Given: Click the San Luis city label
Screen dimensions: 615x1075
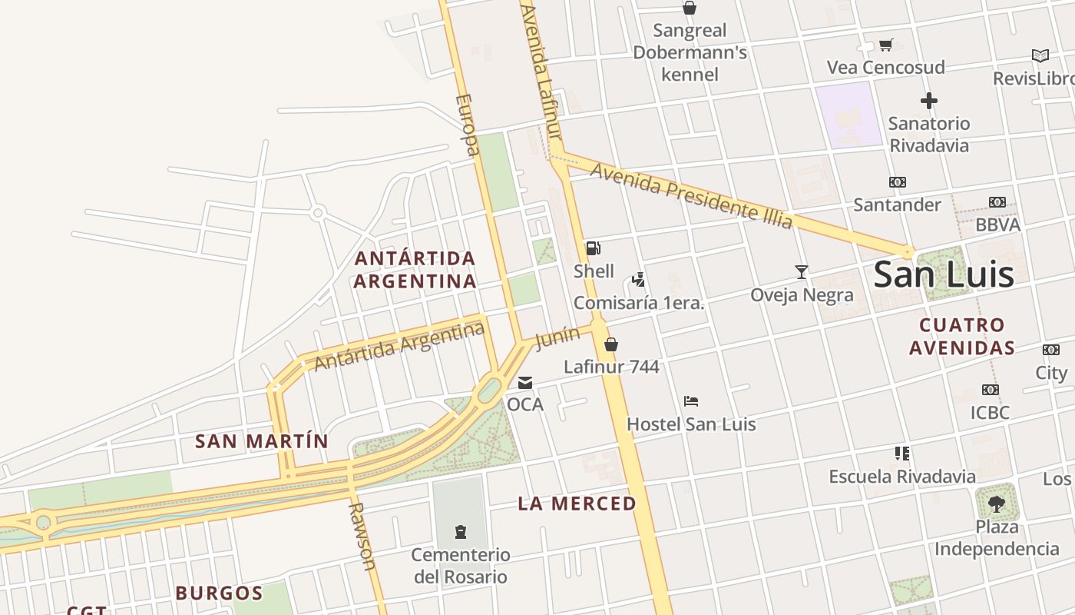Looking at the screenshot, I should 944,274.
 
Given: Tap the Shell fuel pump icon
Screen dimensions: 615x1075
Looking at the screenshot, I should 593,248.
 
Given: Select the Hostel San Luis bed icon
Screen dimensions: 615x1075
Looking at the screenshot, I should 691,401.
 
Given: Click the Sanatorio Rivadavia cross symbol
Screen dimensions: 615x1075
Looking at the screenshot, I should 929,101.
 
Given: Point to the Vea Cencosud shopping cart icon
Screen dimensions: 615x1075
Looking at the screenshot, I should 886,45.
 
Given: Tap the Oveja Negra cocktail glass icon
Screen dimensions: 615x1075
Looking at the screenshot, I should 802,271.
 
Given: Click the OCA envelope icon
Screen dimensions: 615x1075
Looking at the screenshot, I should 525,382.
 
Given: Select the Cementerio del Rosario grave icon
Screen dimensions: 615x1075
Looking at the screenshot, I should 461,532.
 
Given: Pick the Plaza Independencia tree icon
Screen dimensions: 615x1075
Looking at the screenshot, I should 997,504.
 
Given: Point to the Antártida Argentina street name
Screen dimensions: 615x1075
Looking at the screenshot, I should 399,347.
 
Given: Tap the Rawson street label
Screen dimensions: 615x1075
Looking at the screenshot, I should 362,536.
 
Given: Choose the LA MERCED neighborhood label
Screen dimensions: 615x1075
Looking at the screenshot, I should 577,504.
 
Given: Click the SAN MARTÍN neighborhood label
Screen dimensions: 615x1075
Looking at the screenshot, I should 262,441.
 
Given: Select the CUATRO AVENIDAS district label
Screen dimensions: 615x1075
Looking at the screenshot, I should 962,337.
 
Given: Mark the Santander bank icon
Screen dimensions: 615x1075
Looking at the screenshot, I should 897,182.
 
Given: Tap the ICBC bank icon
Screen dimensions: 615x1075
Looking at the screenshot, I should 991,390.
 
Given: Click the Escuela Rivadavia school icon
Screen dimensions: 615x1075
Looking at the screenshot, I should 902,454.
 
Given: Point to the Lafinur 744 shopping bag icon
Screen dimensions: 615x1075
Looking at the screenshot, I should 611,344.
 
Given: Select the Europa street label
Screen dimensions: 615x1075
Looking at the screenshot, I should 468,125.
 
